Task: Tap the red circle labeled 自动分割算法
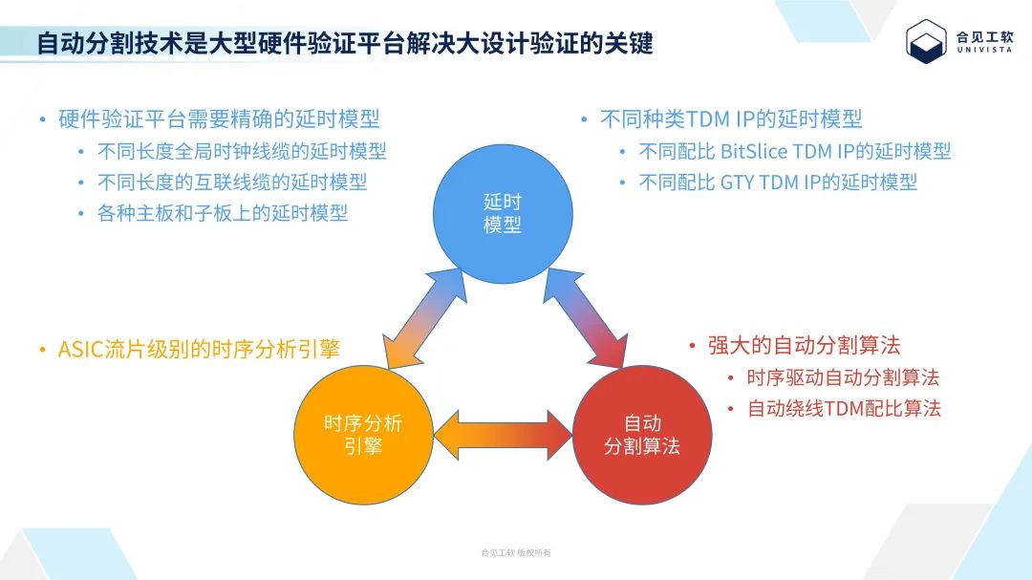click(642, 435)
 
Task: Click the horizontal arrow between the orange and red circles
click(503, 436)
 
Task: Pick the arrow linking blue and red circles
click(583, 319)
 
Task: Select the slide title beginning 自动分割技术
click(345, 43)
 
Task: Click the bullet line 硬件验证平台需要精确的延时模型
click(219, 119)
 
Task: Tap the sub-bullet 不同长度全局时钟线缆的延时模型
click(242, 151)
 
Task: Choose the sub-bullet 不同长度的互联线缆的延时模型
click(232, 182)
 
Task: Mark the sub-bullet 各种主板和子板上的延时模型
click(223, 212)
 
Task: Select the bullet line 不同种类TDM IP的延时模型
click(731, 119)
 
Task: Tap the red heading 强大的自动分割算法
click(804, 345)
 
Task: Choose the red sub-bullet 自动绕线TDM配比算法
click(844, 408)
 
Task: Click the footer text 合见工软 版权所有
click(516, 553)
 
